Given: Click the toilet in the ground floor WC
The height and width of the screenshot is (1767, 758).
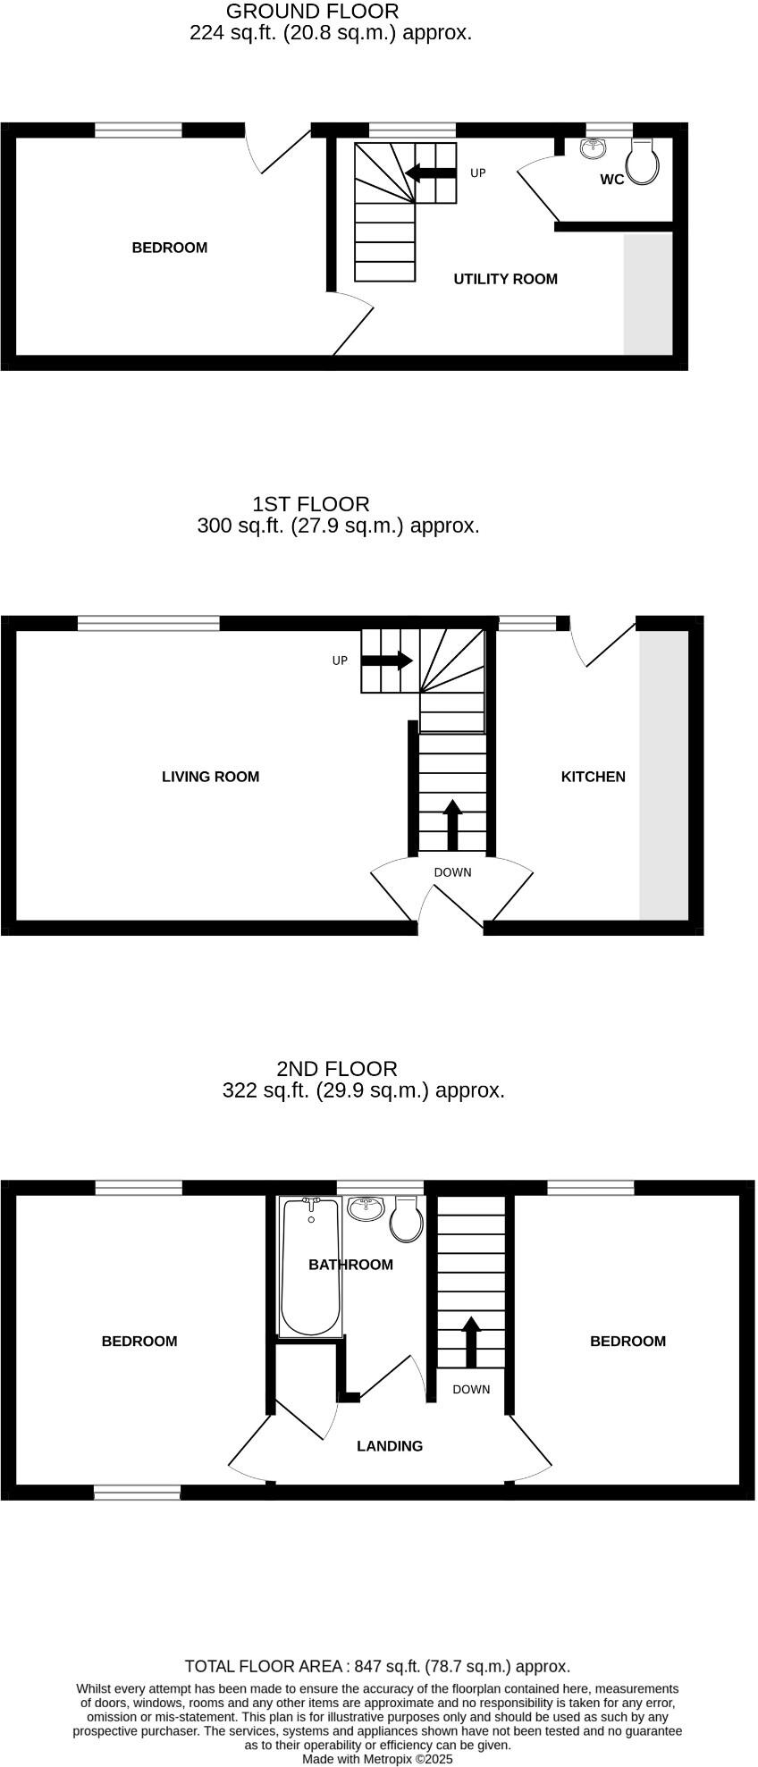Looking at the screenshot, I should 644,161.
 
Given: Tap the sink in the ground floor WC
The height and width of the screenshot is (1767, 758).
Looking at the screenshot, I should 593,147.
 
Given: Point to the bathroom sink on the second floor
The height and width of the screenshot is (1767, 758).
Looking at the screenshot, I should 366,1208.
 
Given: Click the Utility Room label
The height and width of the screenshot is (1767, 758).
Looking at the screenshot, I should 505,279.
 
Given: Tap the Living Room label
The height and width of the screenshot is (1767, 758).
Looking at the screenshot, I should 210,777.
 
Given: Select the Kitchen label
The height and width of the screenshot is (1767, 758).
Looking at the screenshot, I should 593,777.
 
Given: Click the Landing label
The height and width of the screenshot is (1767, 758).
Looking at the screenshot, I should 390,1445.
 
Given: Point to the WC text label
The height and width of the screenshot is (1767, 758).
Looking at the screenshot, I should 611,180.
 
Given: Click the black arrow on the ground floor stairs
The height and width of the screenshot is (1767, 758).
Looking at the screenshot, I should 431,172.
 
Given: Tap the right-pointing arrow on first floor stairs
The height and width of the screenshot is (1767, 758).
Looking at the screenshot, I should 387,661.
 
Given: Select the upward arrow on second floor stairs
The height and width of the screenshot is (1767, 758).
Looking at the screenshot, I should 470,1342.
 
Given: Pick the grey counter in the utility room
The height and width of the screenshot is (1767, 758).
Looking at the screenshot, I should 647,294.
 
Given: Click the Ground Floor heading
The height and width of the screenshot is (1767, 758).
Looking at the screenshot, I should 312,12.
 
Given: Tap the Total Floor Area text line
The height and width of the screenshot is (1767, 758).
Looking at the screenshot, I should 377,1665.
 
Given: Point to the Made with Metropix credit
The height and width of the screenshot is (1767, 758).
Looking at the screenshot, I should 377,1758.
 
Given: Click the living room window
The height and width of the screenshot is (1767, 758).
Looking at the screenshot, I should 148,623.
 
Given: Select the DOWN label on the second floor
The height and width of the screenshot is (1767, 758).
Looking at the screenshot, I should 471,1389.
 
